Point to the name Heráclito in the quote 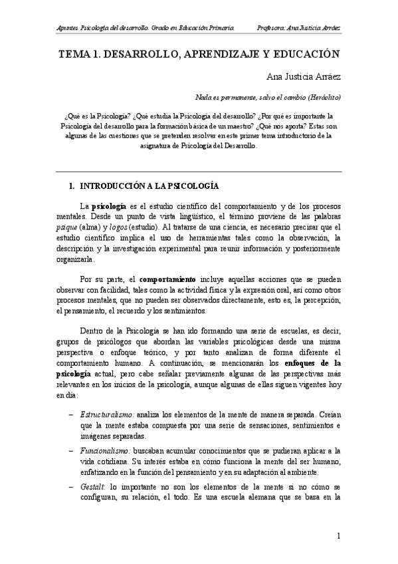point(324,97)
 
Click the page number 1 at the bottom point(339,536)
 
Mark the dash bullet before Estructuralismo point(71,414)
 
